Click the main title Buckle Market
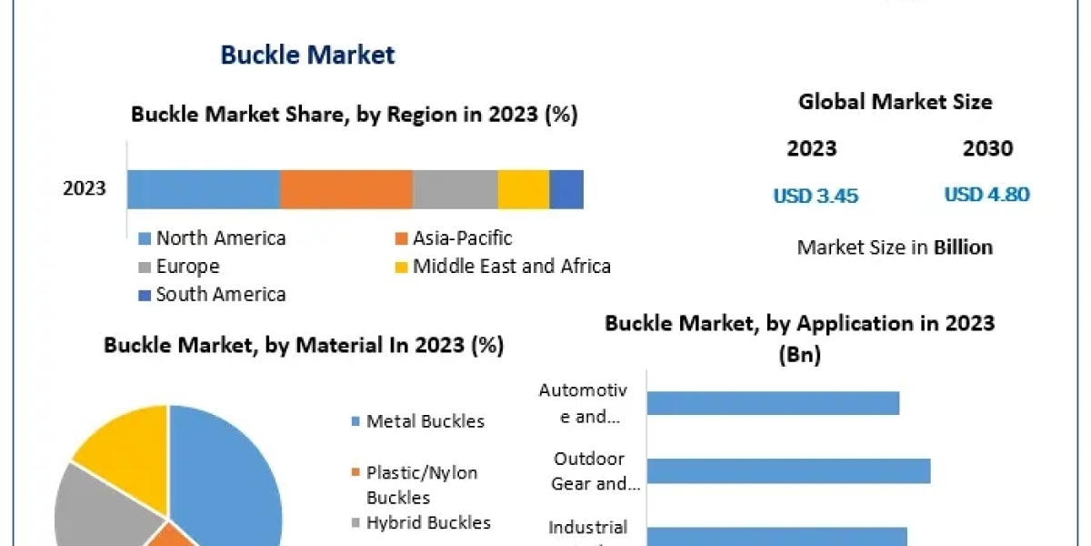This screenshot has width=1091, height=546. [307, 55]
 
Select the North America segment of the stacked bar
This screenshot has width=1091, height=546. [203, 189]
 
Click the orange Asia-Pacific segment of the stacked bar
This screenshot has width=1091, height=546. [345, 189]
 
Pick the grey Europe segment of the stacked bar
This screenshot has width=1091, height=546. [455, 189]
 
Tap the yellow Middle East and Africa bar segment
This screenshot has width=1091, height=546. [523, 189]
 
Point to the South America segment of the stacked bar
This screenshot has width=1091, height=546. [566, 189]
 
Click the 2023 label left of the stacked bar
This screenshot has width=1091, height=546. [84, 189]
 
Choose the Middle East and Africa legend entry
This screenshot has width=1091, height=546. [502, 267]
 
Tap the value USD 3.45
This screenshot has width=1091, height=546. [816, 196]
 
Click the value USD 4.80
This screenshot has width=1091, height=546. [986, 195]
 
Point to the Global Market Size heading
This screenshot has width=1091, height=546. [895, 102]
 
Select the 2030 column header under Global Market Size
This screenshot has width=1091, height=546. [987, 148]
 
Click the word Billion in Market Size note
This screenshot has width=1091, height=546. [963, 248]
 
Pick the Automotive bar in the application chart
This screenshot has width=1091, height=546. [773, 403]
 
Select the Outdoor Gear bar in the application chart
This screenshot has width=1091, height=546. [788, 470]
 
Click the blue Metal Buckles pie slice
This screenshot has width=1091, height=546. [227, 473]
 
